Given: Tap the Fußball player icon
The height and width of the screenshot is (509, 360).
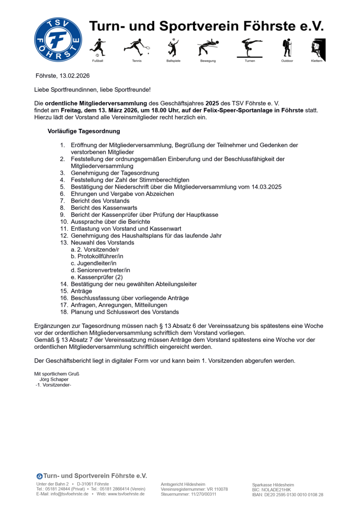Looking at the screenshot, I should pyautogui.click(x=98, y=48).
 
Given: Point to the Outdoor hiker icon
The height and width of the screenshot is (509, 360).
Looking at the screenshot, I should pyautogui.click(x=287, y=48).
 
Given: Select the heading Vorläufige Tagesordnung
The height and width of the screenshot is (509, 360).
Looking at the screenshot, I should pyautogui.click(x=84, y=131).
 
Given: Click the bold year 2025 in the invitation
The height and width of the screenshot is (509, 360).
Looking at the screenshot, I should pyautogui.click(x=212, y=103).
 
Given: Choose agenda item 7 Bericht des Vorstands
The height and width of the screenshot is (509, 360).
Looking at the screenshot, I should pyautogui.click(x=100, y=201).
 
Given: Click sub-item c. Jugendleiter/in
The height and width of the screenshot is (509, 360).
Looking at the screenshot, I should pyautogui.click(x=94, y=263).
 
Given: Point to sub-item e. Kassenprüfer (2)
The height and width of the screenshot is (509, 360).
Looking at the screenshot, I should pyautogui.click(x=97, y=277).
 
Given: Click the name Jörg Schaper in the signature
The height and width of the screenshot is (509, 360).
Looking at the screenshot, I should pyautogui.click(x=54, y=380).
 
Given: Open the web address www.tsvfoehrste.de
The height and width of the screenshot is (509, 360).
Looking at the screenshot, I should pyautogui.click(x=127, y=494).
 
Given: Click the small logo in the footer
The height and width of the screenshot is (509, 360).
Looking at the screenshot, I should pyautogui.click(x=39, y=476).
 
